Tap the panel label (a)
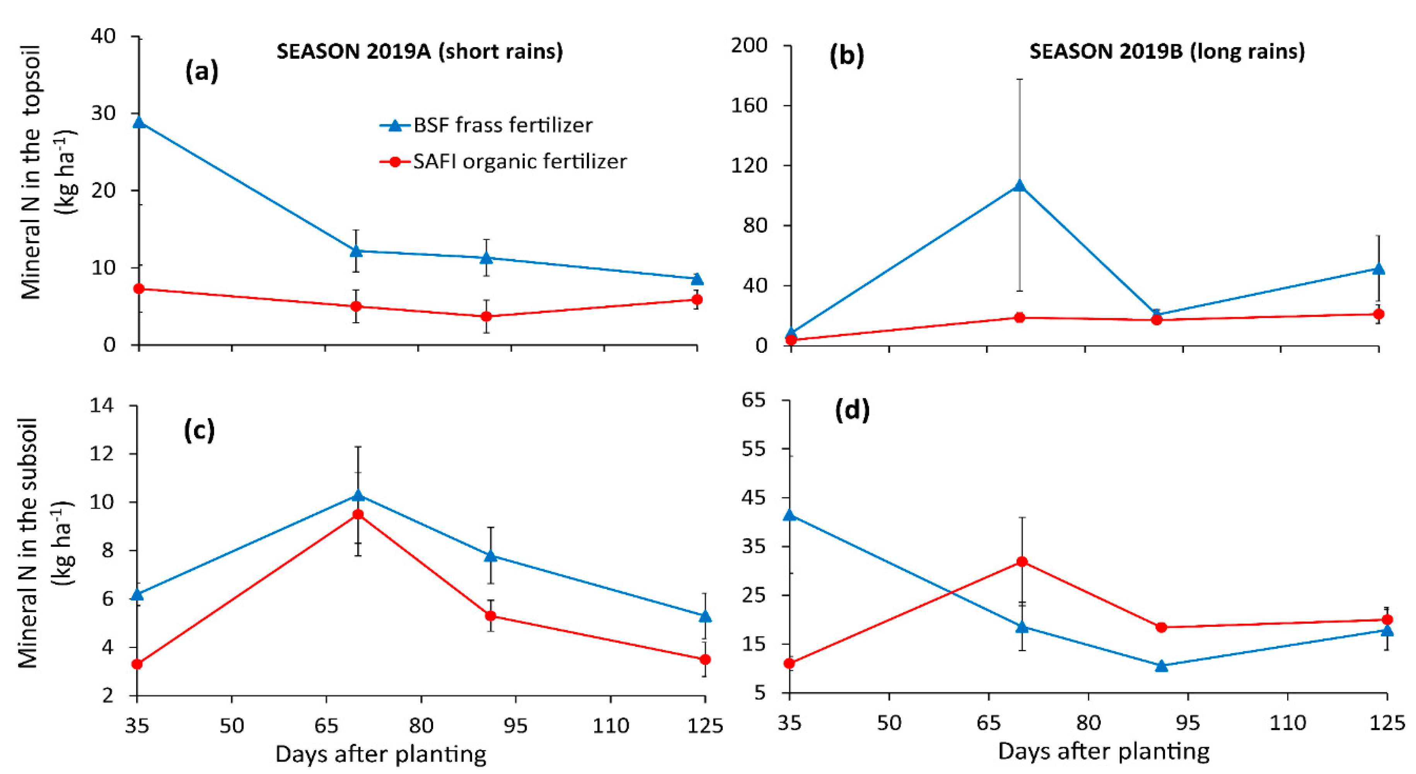(x=201, y=71)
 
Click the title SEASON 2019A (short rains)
(x=420, y=51)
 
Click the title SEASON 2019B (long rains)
(x=1167, y=51)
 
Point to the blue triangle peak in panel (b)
(x=1020, y=185)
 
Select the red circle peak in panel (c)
(x=358, y=514)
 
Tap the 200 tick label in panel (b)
(x=749, y=45)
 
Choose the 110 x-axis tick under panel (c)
(x=610, y=726)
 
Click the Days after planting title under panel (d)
(x=1104, y=751)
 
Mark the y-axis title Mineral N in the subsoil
(x=27, y=543)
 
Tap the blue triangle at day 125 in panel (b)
(x=1378, y=269)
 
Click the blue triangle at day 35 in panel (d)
(x=790, y=515)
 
